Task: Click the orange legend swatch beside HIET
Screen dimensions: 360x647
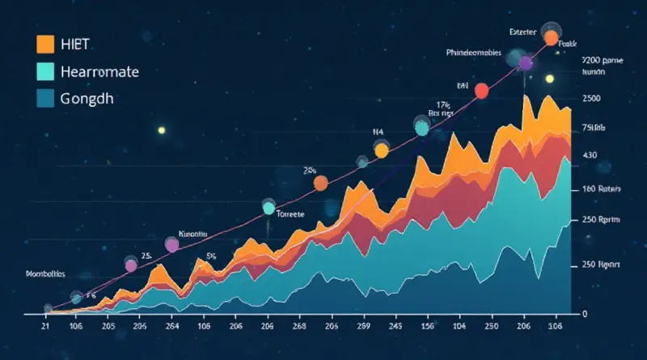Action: coord(45,44)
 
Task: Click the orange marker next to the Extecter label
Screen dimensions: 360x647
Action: coord(552,37)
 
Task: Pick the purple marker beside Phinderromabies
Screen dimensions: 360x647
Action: coord(525,63)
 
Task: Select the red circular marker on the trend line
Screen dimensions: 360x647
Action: coord(481,91)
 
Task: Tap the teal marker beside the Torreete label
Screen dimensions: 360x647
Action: coord(269,208)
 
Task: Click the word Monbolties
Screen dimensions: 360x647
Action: coord(34,274)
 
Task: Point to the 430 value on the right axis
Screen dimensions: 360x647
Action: coord(589,155)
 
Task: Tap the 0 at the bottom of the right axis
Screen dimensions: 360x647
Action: coord(584,314)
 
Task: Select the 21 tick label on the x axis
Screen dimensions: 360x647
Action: coord(45,327)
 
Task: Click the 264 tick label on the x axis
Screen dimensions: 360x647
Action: coord(172,327)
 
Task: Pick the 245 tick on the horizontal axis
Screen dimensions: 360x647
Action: coord(396,327)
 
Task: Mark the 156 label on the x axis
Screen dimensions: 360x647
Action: coord(429,327)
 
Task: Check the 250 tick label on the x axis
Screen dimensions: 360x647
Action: coord(490,327)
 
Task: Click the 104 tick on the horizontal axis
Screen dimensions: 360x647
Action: coord(459,327)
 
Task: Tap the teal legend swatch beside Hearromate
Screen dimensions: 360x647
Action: coord(45,71)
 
